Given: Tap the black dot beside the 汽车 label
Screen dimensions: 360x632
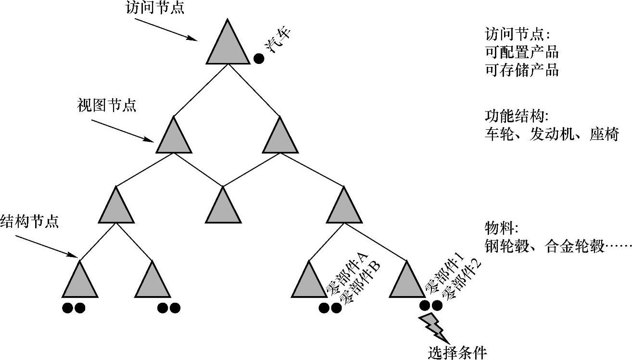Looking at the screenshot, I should click(259, 59).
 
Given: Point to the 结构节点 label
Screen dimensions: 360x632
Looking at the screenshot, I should click(29, 222).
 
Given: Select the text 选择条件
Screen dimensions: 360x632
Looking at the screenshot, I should click(457, 352).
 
